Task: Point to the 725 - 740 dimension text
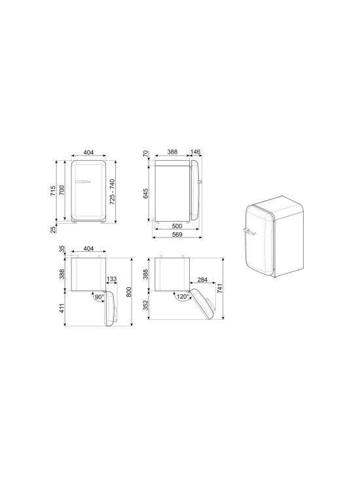pos(113,190)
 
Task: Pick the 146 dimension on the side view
pos(194,152)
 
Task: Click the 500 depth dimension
pos(177,226)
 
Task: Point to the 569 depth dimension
pos(177,235)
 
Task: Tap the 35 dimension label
pos(63,249)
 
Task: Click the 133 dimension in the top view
pos(111,279)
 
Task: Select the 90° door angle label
pos(99,296)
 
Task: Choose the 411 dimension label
pos(63,308)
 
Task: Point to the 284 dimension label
pos(202,280)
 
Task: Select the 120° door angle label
pos(183,296)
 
